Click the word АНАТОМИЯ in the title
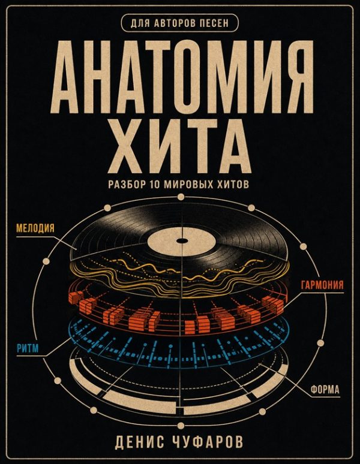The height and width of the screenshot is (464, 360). click(180, 77)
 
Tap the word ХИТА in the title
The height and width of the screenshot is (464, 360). click(180, 146)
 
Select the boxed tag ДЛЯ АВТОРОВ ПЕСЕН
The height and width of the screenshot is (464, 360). click(180, 23)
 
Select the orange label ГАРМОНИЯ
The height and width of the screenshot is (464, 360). click(322, 285)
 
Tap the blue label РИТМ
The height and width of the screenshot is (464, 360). click(28, 348)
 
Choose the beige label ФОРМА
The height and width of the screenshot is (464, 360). click(325, 390)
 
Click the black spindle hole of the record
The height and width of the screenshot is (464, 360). click(180, 240)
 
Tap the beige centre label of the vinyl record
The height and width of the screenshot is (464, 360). click(180, 240)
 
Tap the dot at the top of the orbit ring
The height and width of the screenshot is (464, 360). click(181, 197)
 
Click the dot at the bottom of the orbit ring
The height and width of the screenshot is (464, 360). click(181, 426)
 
